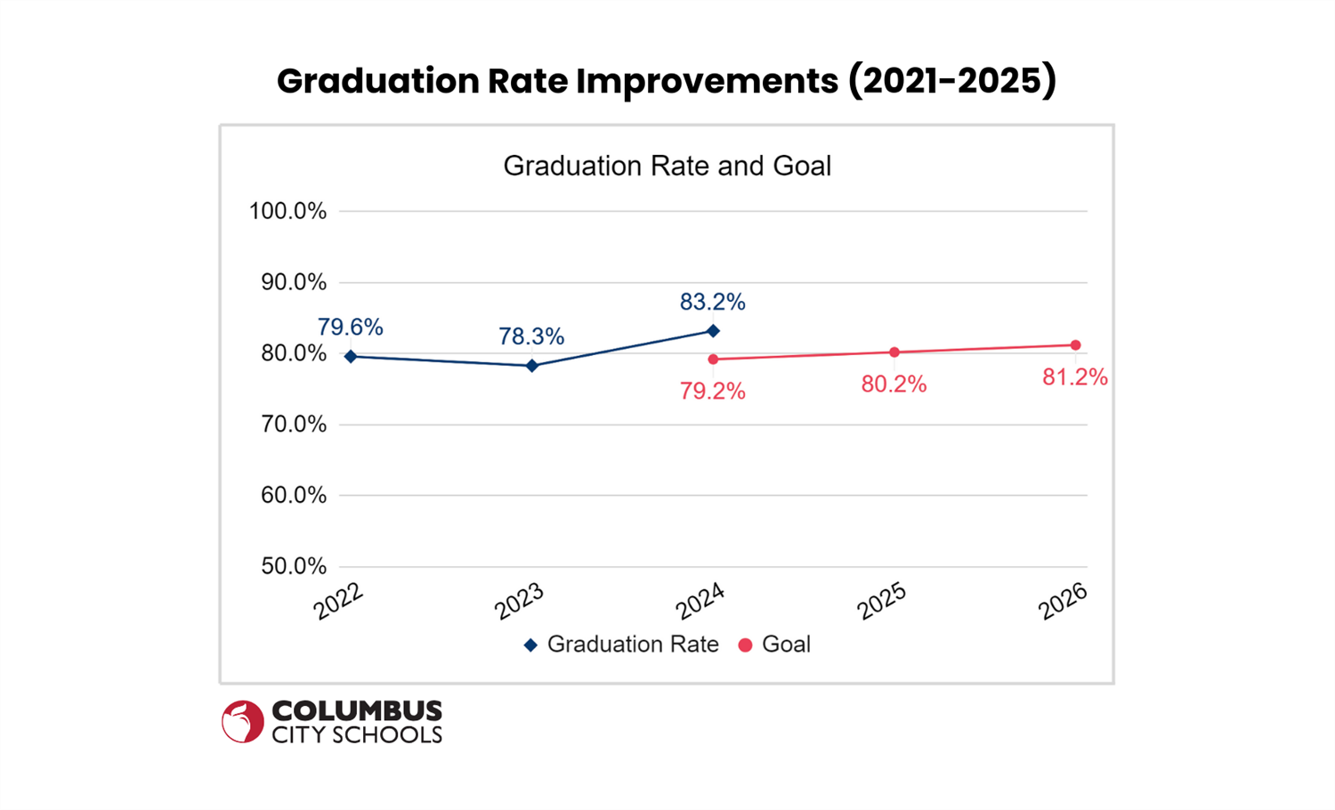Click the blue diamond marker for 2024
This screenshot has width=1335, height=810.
(x=713, y=331)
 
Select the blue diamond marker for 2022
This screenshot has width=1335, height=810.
(x=351, y=356)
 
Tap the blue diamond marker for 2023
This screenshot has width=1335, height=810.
(x=532, y=366)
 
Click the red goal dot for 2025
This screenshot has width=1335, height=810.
(x=894, y=352)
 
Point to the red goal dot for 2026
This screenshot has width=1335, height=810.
(x=1076, y=345)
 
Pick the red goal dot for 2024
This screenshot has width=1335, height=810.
(x=713, y=360)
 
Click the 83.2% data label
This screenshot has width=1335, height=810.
(x=712, y=303)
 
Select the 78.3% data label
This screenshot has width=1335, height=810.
(x=531, y=336)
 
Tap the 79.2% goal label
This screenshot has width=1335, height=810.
(x=712, y=392)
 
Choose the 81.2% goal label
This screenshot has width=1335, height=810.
(x=1075, y=377)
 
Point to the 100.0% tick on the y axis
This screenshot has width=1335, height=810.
(x=287, y=212)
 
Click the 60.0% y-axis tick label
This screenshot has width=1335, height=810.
(x=293, y=496)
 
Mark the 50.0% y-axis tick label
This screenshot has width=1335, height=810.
(x=293, y=567)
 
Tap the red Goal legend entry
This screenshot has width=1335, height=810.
(x=774, y=644)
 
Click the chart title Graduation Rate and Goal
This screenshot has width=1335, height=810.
(x=667, y=166)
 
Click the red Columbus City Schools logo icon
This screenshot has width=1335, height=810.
(x=242, y=721)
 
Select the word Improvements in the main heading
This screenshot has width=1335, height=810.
(x=707, y=81)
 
